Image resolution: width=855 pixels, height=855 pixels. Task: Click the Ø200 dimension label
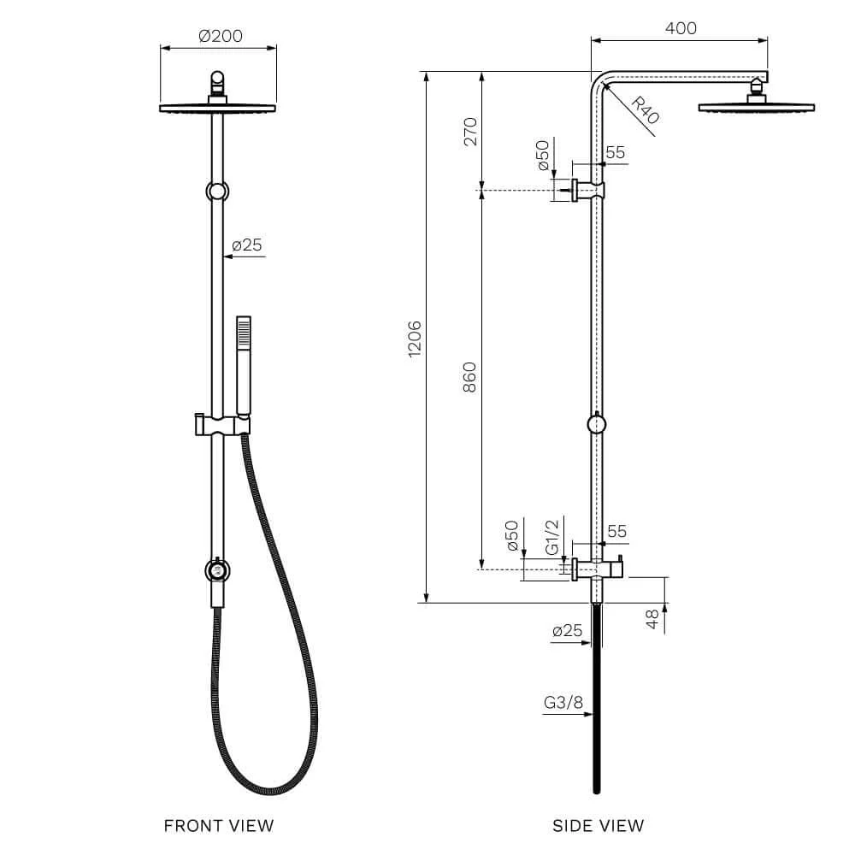[220, 36]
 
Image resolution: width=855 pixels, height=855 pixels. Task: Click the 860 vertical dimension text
[469, 378]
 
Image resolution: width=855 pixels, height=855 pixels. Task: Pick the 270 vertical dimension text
[469, 131]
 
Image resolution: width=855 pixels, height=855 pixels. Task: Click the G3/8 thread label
[563, 704]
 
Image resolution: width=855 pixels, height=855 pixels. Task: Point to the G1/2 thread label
[552, 537]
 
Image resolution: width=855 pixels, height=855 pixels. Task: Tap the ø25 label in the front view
[247, 245]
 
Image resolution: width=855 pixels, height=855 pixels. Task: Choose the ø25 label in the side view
[567, 631]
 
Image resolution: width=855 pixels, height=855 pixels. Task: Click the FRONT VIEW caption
[219, 825]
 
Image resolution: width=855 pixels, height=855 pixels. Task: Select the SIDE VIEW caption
[598, 825]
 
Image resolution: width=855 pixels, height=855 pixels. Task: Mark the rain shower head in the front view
[218, 108]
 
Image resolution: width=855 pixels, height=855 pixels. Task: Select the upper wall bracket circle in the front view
[218, 190]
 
